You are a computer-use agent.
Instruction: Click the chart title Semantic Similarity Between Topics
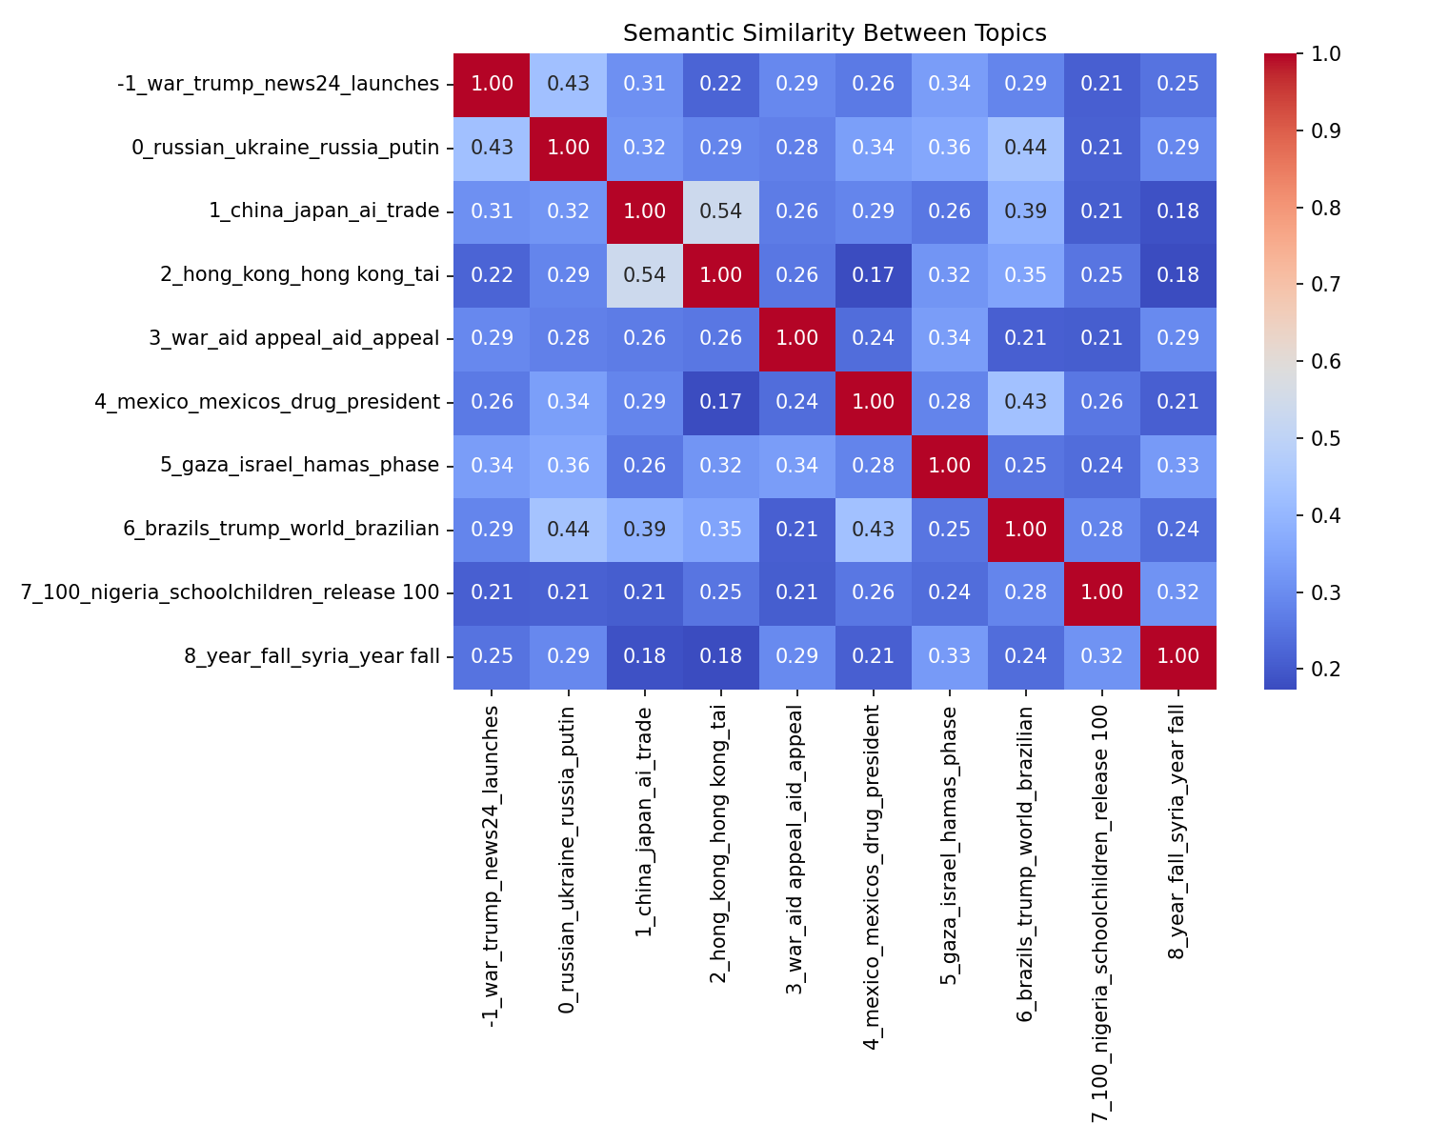point(835,33)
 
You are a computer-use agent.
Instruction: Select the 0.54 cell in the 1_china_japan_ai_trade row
point(720,211)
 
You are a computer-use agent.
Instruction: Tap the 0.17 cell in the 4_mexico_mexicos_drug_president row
point(720,402)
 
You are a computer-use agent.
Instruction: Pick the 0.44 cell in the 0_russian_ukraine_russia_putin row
point(1025,148)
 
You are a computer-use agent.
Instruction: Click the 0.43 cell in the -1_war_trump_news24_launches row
point(568,84)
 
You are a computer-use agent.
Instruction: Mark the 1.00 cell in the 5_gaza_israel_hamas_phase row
point(949,466)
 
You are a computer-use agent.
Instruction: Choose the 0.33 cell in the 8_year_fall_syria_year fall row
point(949,656)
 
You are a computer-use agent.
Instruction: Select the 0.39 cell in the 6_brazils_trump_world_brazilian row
point(644,530)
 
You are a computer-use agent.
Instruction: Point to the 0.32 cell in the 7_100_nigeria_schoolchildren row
point(1177,592)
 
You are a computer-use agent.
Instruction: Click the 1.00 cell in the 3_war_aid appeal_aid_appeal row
point(796,338)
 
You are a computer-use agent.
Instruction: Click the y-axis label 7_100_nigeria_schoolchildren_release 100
point(231,592)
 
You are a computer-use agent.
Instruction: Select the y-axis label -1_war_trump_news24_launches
point(278,84)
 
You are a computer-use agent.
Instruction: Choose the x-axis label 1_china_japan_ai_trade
point(644,821)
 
